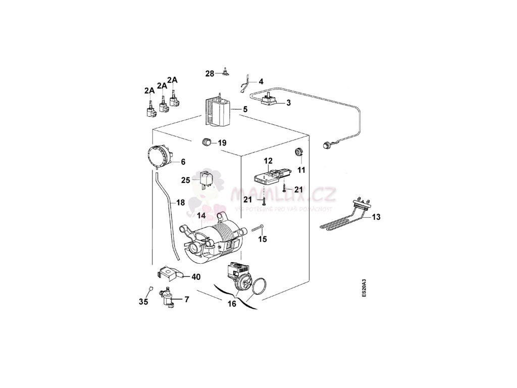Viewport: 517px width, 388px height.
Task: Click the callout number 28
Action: [x=210, y=74]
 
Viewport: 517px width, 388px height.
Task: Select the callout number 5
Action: [x=245, y=109]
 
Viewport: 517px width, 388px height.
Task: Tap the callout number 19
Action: [x=222, y=143]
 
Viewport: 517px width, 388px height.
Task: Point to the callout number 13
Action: [x=377, y=217]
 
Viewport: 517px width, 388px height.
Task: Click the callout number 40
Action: [x=195, y=277]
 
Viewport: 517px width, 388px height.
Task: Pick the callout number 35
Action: [x=143, y=302]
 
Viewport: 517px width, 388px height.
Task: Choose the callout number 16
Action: [x=232, y=304]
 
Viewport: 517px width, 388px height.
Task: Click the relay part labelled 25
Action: [x=205, y=178]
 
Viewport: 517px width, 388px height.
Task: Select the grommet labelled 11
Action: [x=298, y=151]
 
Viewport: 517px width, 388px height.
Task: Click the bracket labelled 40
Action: [x=167, y=273]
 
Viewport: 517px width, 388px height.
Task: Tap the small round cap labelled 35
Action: [x=150, y=288]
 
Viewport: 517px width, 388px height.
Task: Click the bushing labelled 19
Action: [x=206, y=141]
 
